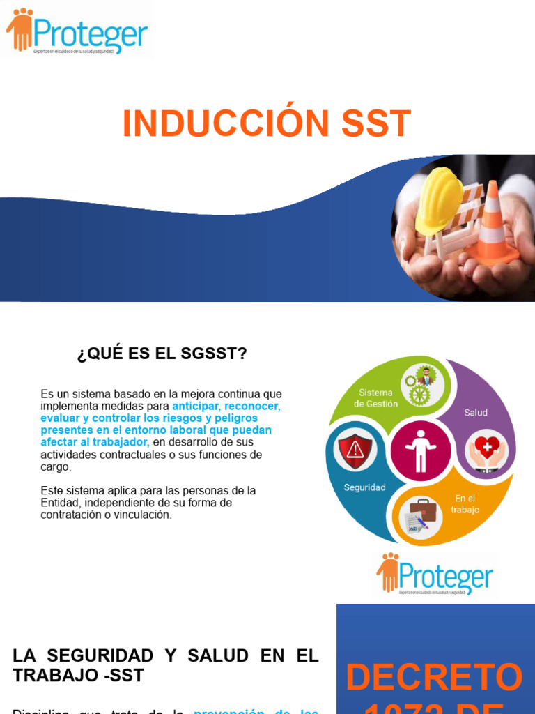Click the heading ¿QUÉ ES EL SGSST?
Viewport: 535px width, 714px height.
(x=162, y=354)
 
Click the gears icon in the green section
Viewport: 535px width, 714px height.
(x=420, y=386)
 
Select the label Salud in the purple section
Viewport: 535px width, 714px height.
(x=476, y=413)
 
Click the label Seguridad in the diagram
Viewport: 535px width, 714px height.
(x=364, y=488)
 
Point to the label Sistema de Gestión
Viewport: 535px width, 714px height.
(x=375, y=398)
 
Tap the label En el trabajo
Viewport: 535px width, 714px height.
(x=465, y=504)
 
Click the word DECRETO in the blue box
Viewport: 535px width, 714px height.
(x=434, y=678)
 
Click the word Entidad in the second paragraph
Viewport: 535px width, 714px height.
(x=59, y=503)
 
